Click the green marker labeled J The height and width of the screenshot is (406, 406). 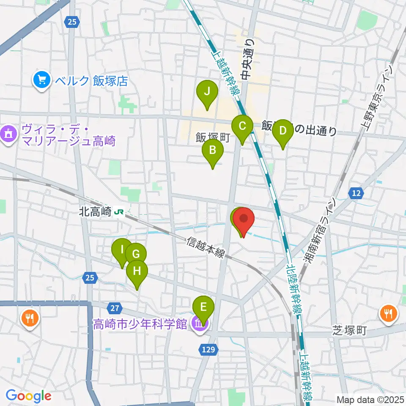[x=207, y=91]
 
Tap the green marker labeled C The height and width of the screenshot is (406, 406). [x=242, y=126]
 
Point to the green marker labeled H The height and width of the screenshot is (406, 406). [x=137, y=271]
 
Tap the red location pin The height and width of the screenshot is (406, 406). [x=244, y=218]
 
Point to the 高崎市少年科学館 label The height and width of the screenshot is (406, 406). [x=140, y=324]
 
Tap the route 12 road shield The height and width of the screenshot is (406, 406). [x=357, y=193]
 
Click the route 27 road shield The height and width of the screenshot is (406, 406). [x=117, y=307]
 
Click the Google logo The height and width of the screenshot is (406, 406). [x=28, y=396]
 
